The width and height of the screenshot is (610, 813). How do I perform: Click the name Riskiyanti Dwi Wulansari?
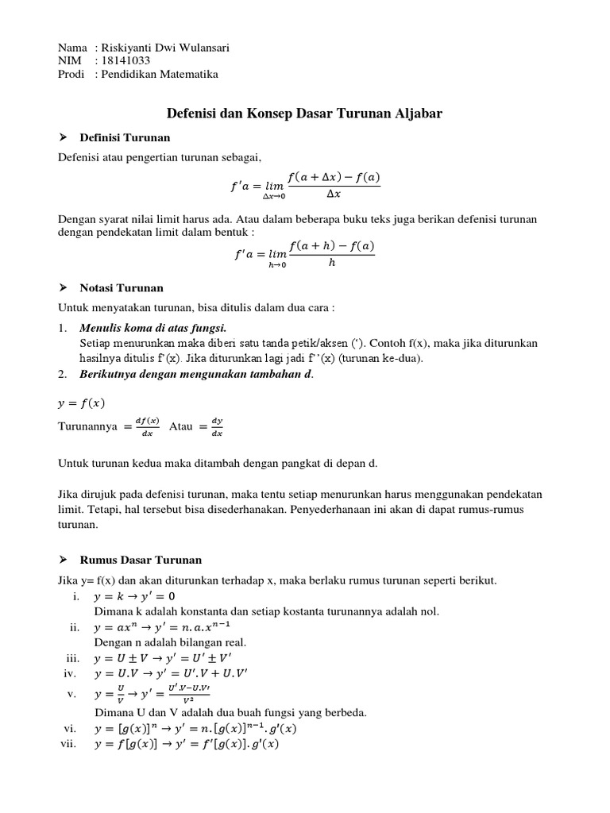tap(162, 48)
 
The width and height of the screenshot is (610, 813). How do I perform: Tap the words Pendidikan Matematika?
tap(159, 75)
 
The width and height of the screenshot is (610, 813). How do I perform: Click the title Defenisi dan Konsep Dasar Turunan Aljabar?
tap(304, 114)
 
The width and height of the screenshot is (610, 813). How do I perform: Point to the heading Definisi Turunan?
tap(125, 138)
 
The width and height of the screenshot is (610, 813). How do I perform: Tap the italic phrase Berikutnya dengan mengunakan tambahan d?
tap(196, 374)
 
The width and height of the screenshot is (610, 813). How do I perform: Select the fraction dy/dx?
tap(217, 427)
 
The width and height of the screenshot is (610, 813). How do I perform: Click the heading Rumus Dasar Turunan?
tap(141, 560)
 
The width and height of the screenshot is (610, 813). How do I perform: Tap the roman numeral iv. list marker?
tap(69, 673)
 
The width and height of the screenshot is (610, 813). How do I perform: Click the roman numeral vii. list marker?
tap(69, 744)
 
